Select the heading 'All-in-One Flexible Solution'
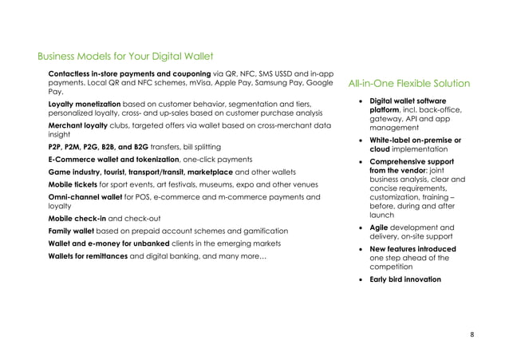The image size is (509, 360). click(409, 84)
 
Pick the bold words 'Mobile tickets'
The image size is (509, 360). click(73, 184)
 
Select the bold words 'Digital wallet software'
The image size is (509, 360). click(408, 101)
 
